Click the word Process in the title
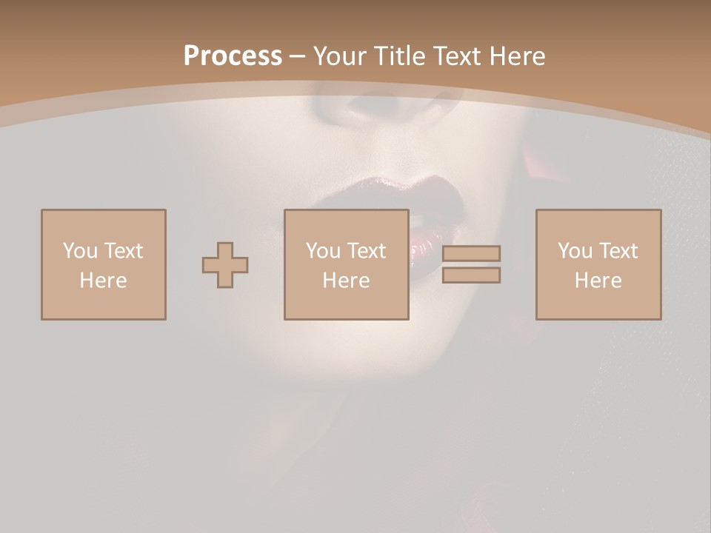point(233,56)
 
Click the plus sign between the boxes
point(225,265)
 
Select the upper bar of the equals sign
point(471,254)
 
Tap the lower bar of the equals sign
point(471,275)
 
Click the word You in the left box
point(80,251)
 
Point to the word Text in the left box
point(122,251)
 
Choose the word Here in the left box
point(103,281)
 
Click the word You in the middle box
point(323,251)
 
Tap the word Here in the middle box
point(346,281)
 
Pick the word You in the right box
point(575,251)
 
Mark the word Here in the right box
point(598,281)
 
